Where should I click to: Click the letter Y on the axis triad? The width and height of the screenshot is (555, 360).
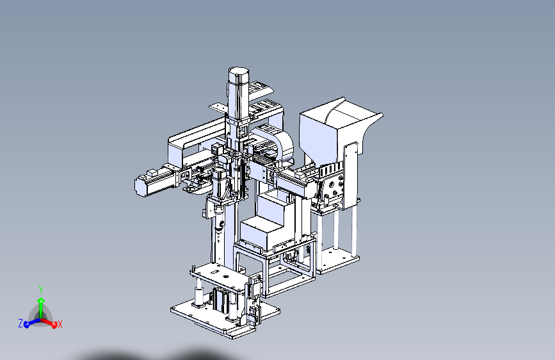click(41, 291)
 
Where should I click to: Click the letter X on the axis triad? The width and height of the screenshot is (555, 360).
click(60, 324)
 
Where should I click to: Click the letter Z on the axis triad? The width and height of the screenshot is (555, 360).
click(20, 323)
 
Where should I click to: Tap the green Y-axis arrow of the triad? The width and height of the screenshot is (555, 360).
click(41, 307)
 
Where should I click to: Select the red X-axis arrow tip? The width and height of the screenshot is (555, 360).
click(54, 325)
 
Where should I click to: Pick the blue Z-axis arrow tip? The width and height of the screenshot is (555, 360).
click(26, 325)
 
